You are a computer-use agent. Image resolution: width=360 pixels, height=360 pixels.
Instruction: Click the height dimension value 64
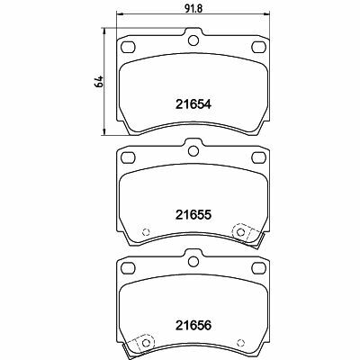[99, 82]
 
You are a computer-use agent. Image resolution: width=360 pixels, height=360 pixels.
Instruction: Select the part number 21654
[193, 104]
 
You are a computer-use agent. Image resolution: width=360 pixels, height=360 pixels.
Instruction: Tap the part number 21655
[193, 214]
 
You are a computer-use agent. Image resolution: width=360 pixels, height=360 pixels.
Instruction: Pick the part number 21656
[193, 325]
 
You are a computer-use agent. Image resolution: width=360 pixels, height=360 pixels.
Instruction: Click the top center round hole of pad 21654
[193, 40]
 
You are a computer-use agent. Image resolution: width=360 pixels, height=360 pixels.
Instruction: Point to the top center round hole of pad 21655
[193, 150]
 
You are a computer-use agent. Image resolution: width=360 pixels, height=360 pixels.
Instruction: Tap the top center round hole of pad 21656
[193, 261]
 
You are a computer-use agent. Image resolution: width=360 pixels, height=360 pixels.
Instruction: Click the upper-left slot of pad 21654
[129, 47]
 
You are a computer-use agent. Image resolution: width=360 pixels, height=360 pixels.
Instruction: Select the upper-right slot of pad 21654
[259, 47]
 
